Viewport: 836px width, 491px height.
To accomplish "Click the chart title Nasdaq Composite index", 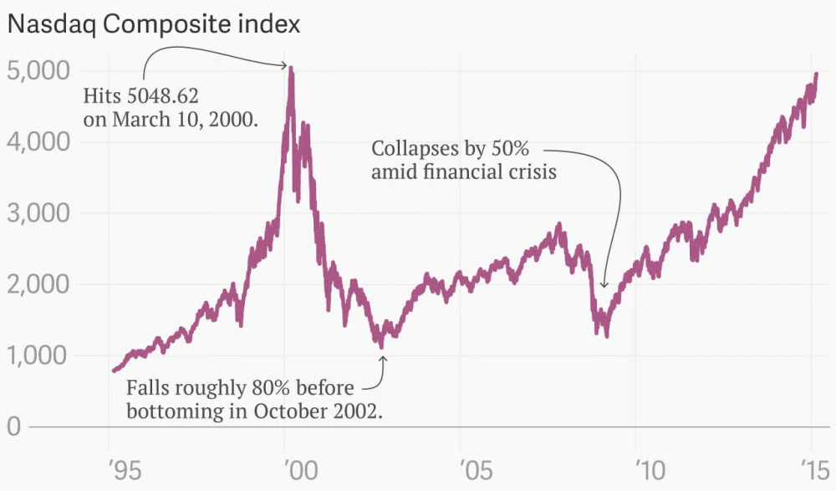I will (x=153, y=24).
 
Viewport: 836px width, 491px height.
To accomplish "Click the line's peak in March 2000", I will (x=290, y=68).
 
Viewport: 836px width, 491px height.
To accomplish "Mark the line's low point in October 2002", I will (x=382, y=345).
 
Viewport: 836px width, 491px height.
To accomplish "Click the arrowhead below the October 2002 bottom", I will (x=384, y=359).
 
